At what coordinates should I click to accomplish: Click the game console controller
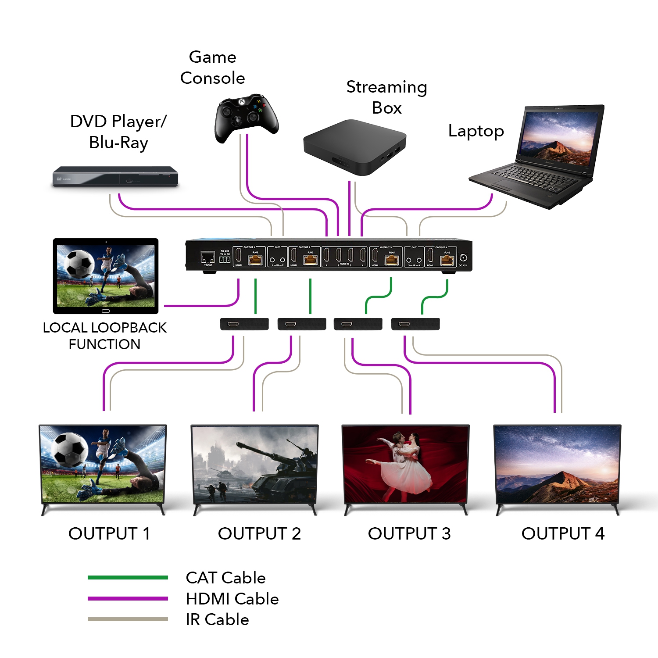246,116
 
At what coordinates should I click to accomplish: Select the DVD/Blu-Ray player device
115,176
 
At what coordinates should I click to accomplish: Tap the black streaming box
354,147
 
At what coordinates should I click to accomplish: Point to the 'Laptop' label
476,131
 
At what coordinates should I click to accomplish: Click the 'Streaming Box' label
386,97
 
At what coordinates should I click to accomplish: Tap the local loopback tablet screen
106,275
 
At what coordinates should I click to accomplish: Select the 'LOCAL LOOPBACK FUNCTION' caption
104,336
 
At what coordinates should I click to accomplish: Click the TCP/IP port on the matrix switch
207,257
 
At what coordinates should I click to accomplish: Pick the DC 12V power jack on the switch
463,258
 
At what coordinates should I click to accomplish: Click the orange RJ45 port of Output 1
255,260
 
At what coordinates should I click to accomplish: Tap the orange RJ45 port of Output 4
447,260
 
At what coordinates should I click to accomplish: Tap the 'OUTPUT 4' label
563,534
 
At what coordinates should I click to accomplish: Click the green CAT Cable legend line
128,578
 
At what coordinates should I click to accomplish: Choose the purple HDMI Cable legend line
128,599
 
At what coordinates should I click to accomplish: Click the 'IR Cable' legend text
217,619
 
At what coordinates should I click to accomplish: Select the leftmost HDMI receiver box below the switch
244,324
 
